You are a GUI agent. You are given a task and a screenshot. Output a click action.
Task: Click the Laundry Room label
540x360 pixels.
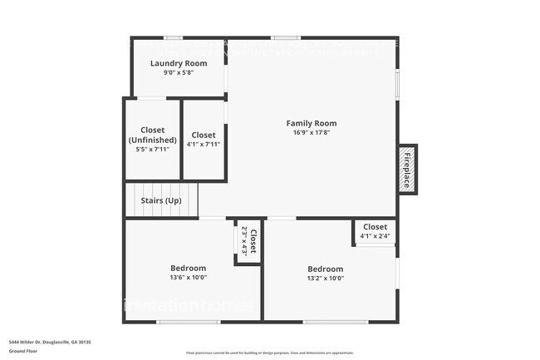point(179,63)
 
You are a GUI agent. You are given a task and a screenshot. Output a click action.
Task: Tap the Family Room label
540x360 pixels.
point(312,123)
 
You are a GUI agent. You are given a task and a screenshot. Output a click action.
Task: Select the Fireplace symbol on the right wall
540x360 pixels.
point(407,170)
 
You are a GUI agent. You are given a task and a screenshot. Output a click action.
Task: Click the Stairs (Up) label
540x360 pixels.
point(162,200)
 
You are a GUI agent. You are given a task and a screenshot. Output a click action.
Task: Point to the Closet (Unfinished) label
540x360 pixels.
point(152,135)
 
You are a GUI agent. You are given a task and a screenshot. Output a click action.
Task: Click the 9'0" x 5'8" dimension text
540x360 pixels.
point(179,73)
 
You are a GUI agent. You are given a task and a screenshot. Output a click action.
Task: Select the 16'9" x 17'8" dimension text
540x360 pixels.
point(312,133)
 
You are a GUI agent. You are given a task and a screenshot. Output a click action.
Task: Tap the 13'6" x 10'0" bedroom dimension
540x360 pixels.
point(188,278)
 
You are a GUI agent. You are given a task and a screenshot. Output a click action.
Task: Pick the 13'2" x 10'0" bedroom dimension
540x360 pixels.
point(325,279)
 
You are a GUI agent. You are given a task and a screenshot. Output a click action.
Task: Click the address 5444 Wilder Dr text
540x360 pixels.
point(50,342)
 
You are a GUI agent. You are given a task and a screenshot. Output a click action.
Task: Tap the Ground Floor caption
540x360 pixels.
point(22,351)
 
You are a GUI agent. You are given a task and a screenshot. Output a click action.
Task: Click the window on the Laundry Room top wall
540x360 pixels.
point(173,37)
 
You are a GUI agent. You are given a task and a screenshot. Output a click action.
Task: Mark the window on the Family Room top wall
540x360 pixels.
point(286,37)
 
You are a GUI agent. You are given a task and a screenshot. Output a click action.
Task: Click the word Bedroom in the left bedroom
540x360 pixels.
point(188,268)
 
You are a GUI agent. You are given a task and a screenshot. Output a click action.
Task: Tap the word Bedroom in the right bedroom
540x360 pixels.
point(325,269)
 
